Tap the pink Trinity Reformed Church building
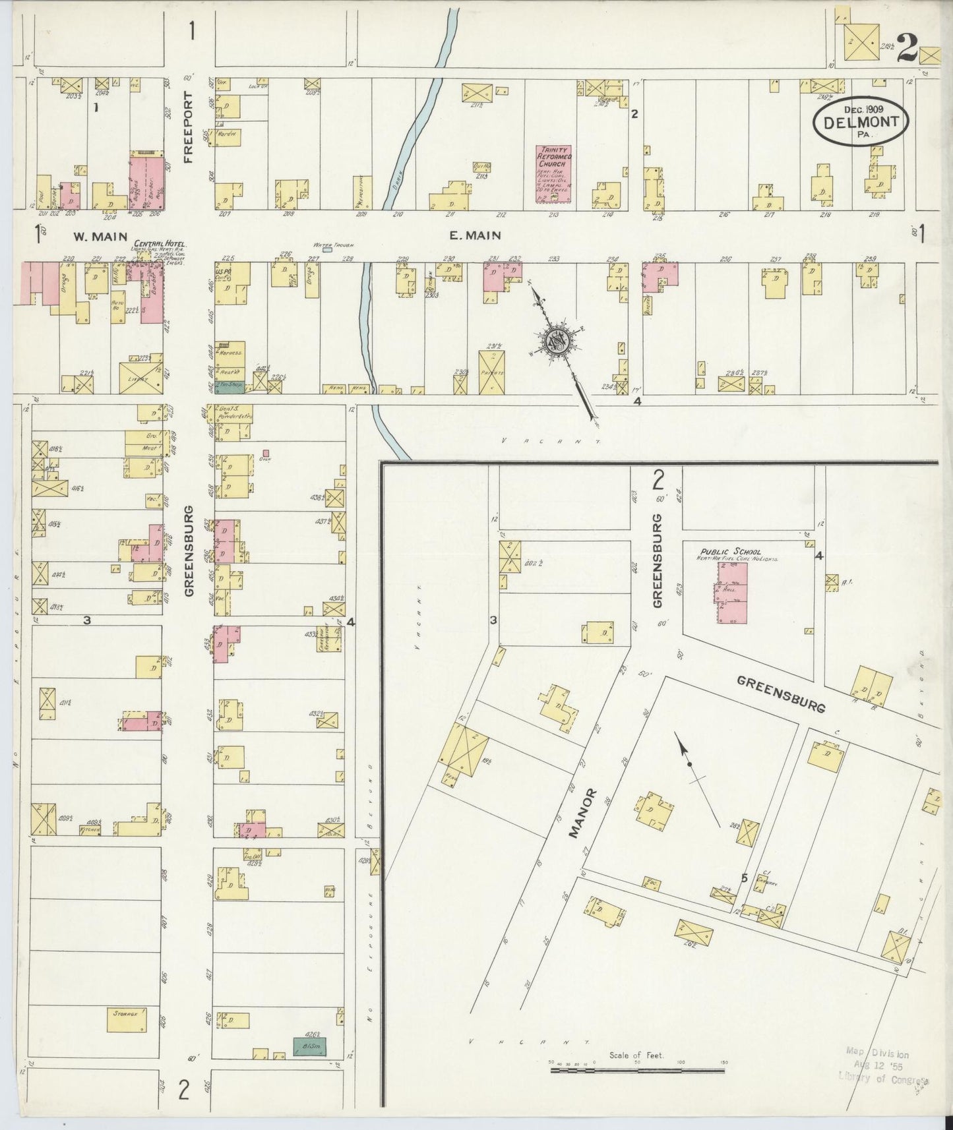553,173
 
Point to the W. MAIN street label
89,235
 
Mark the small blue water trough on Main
328,251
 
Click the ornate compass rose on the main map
557,340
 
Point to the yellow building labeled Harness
230,352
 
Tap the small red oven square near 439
266,454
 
